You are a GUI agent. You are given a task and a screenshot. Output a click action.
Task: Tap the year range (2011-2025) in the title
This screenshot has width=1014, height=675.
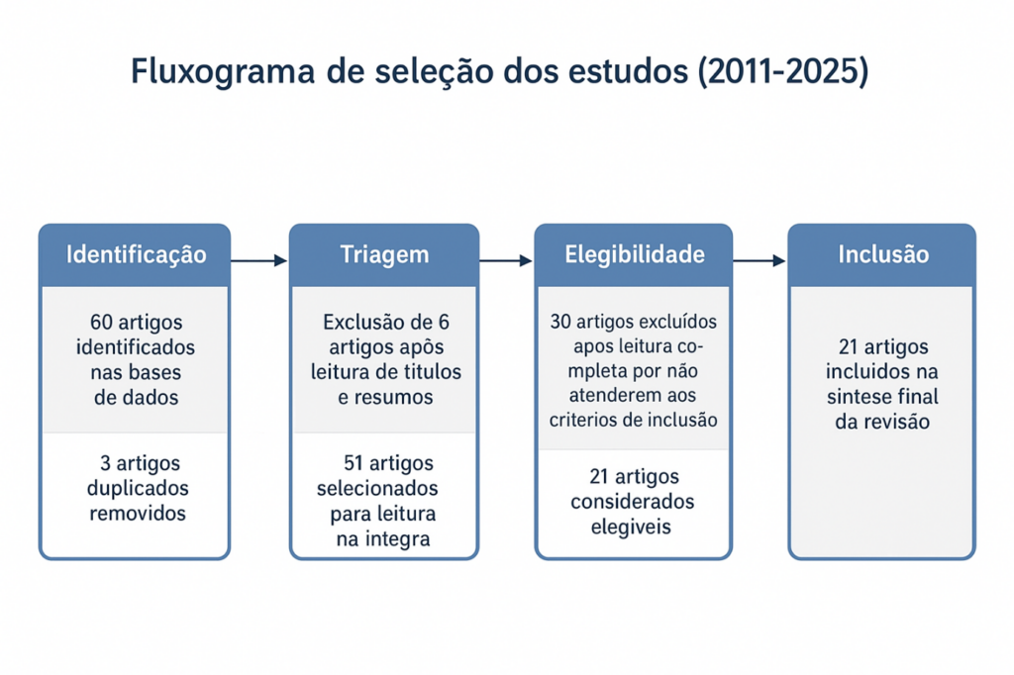tap(783, 70)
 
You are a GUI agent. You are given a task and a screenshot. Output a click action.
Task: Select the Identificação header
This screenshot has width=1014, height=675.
tap(136, 254)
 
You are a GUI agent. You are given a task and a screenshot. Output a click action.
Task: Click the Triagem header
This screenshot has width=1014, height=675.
tap(384, 255)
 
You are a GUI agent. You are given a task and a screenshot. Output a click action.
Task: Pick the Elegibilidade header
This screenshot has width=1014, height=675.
tap(635, 254)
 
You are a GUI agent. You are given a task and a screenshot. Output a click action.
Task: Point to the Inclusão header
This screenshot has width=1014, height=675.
tap(883, 254)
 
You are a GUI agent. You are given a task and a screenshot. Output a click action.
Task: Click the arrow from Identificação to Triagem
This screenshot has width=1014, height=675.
tap(258, 260)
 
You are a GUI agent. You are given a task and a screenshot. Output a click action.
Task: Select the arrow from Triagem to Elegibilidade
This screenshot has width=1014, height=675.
tap(506, 260)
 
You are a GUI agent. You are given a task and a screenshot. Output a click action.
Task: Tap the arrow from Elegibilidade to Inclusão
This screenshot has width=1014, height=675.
tap(760, 260)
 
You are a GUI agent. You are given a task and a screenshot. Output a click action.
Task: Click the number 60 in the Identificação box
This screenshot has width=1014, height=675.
tap(102, 322)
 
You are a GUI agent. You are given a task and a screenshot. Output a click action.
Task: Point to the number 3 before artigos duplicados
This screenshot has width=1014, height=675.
tap(105, 463)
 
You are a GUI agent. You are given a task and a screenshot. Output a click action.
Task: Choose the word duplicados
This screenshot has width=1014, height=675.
tap(138, 488)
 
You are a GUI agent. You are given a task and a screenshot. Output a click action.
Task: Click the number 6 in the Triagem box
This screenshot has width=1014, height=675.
tap(443, 322)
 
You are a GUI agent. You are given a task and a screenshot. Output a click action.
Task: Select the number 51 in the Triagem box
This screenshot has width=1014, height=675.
tap(354, 463)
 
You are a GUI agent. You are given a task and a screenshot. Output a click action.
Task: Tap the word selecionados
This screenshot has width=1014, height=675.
tap(377, 488)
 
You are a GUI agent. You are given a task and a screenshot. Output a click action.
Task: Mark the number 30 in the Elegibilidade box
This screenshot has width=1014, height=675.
tap(560, 322)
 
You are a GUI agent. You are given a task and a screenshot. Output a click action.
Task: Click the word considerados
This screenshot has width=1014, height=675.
tap(633, 502)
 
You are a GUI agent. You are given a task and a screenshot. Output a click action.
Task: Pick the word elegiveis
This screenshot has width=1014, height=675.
tap(631, 528)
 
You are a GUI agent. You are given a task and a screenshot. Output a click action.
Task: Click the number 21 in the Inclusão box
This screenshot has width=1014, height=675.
tap(849, 347)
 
